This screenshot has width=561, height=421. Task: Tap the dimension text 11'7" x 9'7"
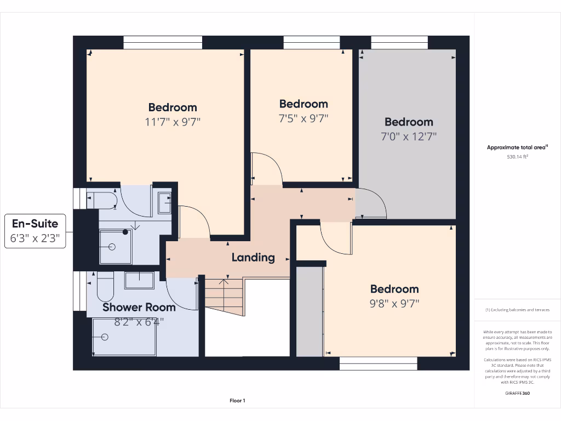pyautogui.click(x=173, y=122)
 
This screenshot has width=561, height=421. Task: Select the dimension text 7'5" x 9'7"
pyautogui.click(x=304, y=118)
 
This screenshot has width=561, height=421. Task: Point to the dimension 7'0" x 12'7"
pyautogui.click(x=409, y=136)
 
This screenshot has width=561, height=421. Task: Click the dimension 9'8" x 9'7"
pyautogui.click(x=394, y=303)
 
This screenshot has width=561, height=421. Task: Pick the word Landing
pyautogui.click(x=253, y=257)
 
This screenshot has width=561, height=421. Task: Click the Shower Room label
pyautogui.click(x=139, y=307)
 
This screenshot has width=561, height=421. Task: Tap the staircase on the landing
pyautogui.click(x=224, y=296)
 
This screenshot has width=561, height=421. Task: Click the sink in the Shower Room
pyautogui.click(x=139, y=280)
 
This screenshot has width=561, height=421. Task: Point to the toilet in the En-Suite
pyautogui.click(x=104, y=200)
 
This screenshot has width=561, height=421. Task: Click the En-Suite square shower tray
pyautogui.click(x=115, y=247)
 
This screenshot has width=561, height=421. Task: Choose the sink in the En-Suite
pyautogui.click(x=164, y=203)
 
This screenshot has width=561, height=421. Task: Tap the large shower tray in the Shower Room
pyautogui.click(x=124, y=337)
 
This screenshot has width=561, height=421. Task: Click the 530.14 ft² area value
pyautogui.click(x=518, y=157)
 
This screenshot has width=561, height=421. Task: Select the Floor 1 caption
pyautogui.click(x=237, y=401)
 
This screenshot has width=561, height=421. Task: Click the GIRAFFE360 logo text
pyautogui.click(x=518, y=393)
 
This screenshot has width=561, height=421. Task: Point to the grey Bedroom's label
pyautogui.click(x=409, y=122)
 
